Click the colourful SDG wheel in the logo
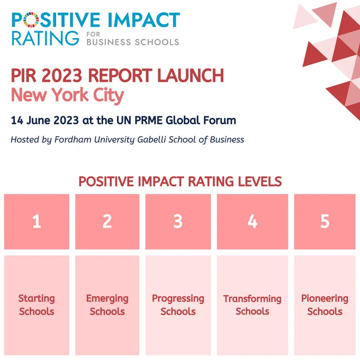coord(31,20)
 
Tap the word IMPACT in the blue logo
coord(143,20)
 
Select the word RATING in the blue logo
coord(45,38)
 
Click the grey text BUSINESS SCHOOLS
coord(133,42)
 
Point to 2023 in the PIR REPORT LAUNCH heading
coord(61,75)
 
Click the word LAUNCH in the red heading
coord(191,75)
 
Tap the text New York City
coord(68,95)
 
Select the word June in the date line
coord(38,120)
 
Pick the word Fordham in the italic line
coord(73,140)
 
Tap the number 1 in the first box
coord(37,221)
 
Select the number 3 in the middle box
coord(178,221)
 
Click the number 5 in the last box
coord(325,221)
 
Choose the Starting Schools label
coord(37,305)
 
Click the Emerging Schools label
coord(107,305)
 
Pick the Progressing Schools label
coord(178,305)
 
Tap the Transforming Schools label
coord(253,305)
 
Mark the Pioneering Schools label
coord(325,305)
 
